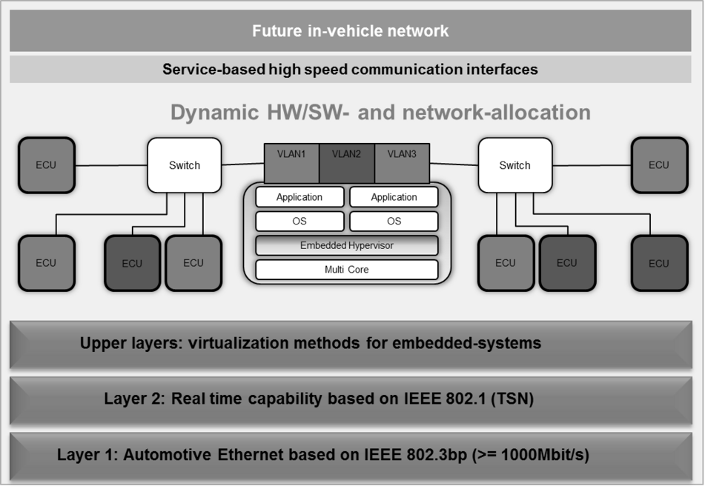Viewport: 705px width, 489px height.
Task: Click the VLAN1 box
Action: [291, 163]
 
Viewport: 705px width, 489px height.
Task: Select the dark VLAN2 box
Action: [347, 163]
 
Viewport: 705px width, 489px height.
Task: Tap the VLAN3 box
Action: [402, 163]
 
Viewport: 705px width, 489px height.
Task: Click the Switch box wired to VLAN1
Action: [185, 165]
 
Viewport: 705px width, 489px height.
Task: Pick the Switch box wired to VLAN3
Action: [514, 165]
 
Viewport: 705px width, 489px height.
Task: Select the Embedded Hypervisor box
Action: [347, 245]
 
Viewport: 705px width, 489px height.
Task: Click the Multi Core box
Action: [347, 270]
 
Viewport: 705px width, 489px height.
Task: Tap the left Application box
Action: [299, 197]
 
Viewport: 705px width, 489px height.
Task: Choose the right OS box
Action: [394, 221]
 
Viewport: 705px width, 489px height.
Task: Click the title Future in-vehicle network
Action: [350, 31]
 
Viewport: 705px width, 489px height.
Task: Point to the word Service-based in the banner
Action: [214, 69]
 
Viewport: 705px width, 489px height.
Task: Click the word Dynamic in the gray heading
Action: [215, 113]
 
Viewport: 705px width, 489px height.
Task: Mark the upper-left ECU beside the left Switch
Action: [46, 165]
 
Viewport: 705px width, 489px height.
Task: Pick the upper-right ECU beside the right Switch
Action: [659, 165]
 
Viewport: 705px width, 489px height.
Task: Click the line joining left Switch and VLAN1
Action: [243, 164]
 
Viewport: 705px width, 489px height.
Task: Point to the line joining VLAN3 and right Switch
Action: [454, 164]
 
